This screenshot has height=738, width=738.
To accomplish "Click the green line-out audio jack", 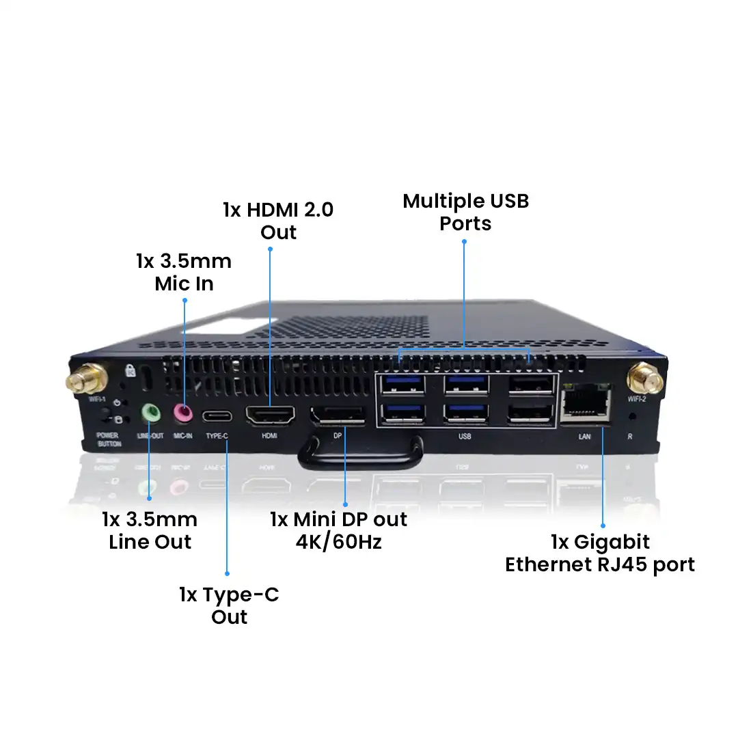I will [150, 413].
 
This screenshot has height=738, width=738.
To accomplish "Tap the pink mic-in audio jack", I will [182, 413].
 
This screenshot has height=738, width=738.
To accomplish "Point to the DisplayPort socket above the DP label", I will [338, 415].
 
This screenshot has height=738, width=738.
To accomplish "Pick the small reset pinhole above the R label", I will [631, 415].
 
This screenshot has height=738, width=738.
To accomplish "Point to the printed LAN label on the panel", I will [584, 435].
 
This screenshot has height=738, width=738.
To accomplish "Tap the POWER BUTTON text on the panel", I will [108, 439].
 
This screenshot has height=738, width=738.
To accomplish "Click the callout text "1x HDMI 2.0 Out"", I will [278, 220].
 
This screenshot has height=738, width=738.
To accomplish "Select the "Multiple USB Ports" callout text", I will [465, 212].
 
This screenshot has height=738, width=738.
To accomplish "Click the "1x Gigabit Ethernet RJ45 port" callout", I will [599, 553].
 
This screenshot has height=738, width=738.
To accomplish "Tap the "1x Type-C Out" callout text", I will [229, 605].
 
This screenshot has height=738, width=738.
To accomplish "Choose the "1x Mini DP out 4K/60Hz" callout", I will [338, 530].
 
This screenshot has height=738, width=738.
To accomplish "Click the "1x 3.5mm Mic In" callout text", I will [184, 272].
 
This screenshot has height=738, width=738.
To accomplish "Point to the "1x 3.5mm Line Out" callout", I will [150, 530].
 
